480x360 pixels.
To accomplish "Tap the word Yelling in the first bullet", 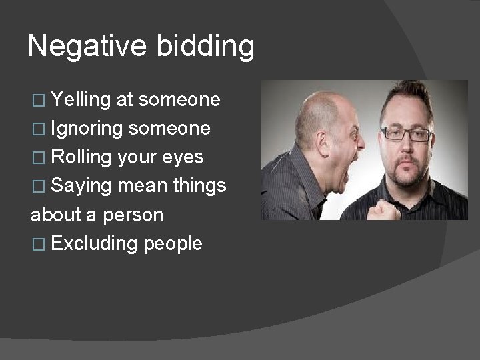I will pos(80,101).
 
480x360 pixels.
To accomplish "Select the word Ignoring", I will pos(86,129).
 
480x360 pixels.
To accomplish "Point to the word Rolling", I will pos(81,157).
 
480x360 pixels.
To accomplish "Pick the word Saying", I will pos(81,187).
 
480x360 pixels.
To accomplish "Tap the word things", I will pos(199,187).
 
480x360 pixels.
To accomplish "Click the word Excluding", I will pos(93,244).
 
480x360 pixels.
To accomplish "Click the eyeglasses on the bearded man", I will pos(405,134).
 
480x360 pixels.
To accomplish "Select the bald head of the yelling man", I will pos(320,107).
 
